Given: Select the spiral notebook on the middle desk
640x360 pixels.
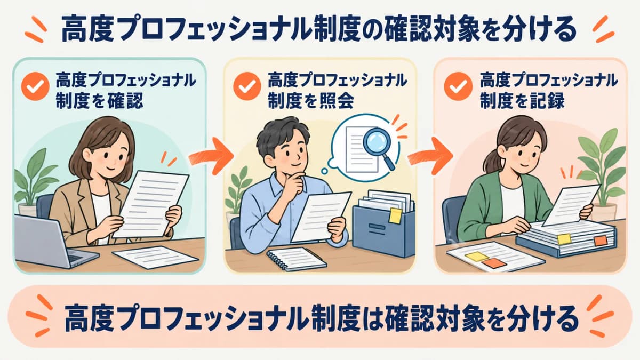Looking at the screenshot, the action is (295, 259).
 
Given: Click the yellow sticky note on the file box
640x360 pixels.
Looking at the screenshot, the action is (395, 215).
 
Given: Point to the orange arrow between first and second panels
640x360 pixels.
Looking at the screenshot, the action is (211, 156).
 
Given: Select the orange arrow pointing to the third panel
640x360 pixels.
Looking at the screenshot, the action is (430, 156).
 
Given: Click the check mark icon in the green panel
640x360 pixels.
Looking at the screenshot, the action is (36, 86).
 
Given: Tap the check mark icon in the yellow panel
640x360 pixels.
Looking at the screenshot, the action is (247, 86).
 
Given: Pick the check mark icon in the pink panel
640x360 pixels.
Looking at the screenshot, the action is (458, 86).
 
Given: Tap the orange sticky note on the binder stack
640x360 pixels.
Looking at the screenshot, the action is (601, 241).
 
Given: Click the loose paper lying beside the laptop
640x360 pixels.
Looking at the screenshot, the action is (156, 257).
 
